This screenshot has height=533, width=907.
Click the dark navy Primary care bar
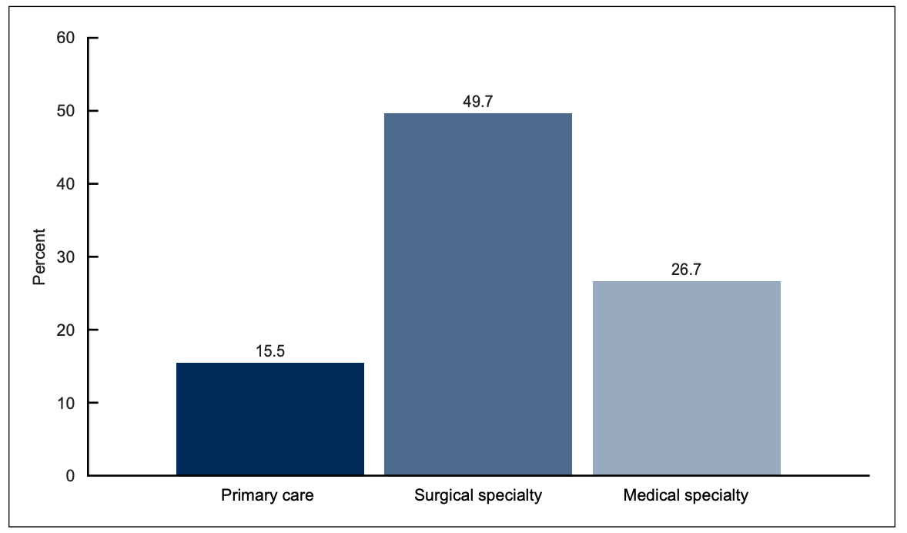click(270, 419)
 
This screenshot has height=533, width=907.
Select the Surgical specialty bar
click(478, 294)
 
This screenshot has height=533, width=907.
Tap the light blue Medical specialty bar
click(686, 378)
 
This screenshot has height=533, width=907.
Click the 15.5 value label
click(270, 350)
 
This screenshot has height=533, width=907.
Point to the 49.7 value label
click(478, 101)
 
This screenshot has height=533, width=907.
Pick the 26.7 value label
click(686, 270)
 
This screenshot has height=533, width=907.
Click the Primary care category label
click(267, 495)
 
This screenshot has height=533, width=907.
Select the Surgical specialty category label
click(478, 495)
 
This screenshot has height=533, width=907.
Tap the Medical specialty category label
click(685, 495)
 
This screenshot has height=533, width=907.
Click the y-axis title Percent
click(39, 256)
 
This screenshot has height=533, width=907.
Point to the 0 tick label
click(71, 476)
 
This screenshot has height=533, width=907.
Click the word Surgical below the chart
click(441, 495)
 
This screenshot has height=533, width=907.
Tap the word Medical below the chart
click(650, 495)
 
